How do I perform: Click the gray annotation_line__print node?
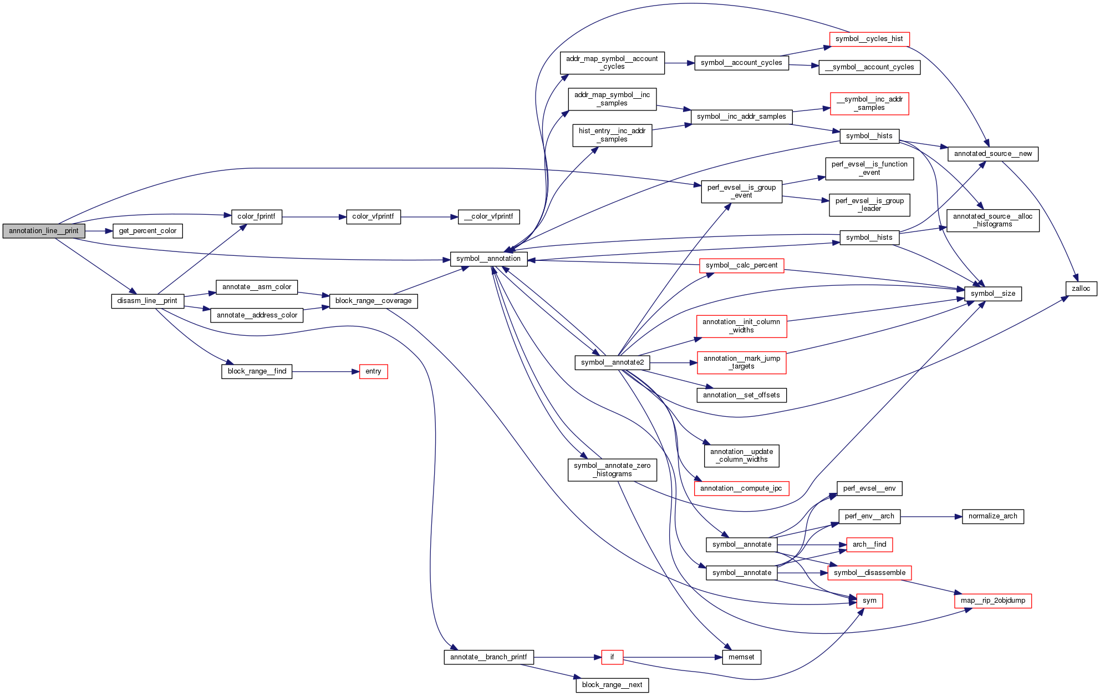tap(44, 231)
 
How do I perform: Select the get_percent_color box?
tap(147, 231)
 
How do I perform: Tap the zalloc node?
tap(1081, 289)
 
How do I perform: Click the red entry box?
tap(373, 371)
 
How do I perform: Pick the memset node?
tap(741, 657)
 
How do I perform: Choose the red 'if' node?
tap(612, 657)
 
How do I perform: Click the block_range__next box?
tap(612, 685)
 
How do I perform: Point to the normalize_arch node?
tap(992, 516)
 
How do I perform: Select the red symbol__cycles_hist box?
tap(869, 39)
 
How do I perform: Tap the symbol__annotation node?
tap(488, 259)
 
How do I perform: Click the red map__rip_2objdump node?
tap(992, 601)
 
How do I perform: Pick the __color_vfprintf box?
tap(488, 216)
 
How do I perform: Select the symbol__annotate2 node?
tap(612, 362)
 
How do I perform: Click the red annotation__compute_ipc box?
tap(741, 488)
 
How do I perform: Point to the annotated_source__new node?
tap(992, 154)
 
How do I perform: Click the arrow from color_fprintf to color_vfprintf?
tap(314, 217)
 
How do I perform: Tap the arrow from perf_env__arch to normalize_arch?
tap(931, 516)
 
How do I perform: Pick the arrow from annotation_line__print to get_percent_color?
tap(99, 231)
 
